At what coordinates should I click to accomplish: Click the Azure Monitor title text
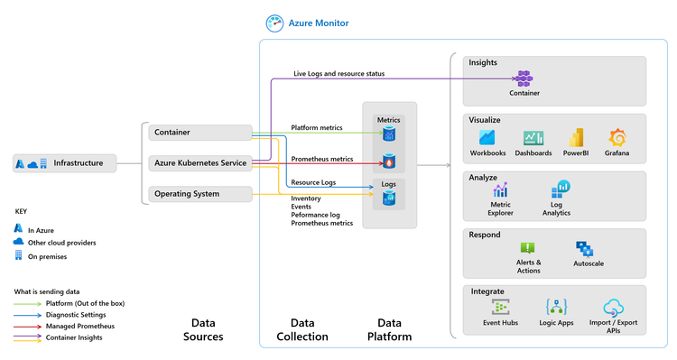319,23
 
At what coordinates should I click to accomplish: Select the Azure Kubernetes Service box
200,163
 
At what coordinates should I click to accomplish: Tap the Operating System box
200,193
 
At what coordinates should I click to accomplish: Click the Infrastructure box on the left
65,163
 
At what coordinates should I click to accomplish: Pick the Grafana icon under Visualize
618,138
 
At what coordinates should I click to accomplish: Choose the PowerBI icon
576,138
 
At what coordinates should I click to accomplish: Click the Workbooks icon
487,138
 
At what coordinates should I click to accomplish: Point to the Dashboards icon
533,138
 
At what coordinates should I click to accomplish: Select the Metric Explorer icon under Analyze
500,190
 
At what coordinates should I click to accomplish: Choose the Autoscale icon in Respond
584,248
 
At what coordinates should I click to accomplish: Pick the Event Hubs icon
500,307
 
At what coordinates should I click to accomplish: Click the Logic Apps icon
556,307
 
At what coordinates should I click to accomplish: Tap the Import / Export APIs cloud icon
613,307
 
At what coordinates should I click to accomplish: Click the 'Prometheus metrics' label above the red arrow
321,159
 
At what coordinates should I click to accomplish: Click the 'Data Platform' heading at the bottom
389,329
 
